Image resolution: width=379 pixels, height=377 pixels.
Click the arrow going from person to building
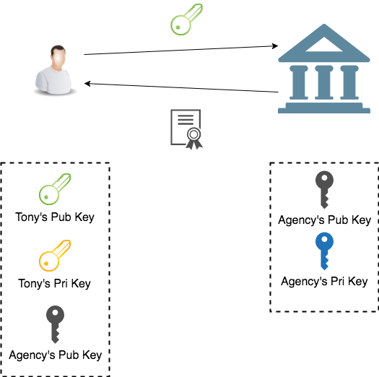coord(180,51)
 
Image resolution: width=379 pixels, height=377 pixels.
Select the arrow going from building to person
coord(180,88)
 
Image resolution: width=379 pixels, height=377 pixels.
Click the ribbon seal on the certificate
coord(194,137)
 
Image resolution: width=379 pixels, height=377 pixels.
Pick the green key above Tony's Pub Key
coord(54,190)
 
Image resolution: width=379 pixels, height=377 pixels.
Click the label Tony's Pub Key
coord(55,217)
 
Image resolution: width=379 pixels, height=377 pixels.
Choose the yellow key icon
coord(54,256)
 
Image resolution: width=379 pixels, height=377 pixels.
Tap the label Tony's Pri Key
coord(55,283)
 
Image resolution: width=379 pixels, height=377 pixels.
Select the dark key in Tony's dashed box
coord(55,324)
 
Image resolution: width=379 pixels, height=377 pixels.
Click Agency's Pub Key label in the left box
coord(55,355)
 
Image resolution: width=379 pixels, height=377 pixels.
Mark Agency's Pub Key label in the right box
coord(324,220)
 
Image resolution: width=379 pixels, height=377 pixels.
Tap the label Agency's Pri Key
coord(324,281)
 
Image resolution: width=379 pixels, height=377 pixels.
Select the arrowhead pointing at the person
coord(89,84)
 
